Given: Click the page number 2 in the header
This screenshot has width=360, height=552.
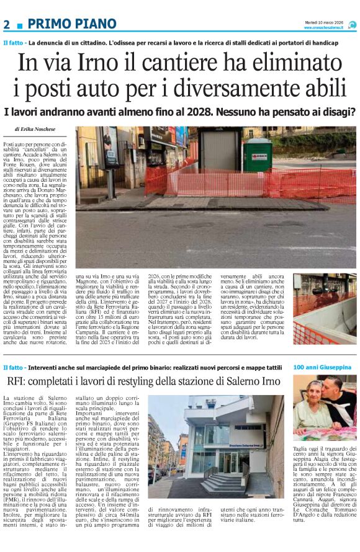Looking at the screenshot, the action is pos(7,24).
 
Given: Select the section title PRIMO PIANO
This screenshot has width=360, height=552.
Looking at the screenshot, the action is pos(72,24).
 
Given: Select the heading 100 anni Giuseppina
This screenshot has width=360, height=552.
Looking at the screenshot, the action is pos(322,367).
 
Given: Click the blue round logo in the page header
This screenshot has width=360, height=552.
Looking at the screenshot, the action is pos(352,24).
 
